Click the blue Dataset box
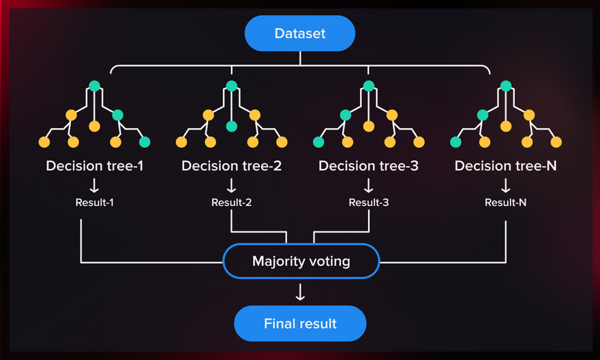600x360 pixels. tap(300, 33)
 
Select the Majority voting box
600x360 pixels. tap(301, 261)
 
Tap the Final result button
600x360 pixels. tap(300, 323)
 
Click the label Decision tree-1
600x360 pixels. tap(95, 166)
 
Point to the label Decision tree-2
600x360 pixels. tap(232, 166)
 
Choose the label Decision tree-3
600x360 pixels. tap(368, 166)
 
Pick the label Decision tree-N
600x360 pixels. tap(505, 166)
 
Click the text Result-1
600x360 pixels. tap(95, 202)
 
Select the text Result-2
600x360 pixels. tap(232, 202)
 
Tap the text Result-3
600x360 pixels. tap(369, 202)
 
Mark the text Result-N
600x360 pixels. tap(505, 202)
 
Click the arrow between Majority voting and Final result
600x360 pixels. tap(300, 292)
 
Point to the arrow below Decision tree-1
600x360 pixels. tap(95, 185)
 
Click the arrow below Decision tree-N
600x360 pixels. tap(505, 185)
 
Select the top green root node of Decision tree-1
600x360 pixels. tap(95, 87)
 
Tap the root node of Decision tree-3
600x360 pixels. tap(369, 87)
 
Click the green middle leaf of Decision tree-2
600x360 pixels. tap(232, 126)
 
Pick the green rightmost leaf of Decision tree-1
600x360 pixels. tap(145, 142)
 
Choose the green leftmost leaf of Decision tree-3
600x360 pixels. tap(318, 142)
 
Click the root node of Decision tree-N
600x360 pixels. tap(506, 87)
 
